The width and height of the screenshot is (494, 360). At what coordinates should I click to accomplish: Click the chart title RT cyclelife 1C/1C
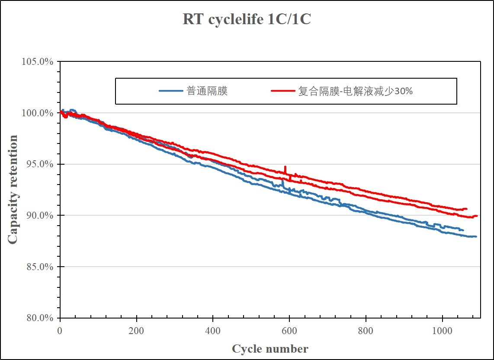click(247, 19)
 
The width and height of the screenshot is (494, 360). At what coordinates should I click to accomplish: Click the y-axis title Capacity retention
click(13, 189)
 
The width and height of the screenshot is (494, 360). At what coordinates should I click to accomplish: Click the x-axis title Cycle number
click(270, 349)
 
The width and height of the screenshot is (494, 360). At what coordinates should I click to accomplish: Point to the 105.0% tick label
click(38, 62)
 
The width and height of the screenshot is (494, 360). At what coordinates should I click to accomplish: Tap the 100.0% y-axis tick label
click(38, 113)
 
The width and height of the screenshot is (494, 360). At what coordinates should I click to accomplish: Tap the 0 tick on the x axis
click(60, 331)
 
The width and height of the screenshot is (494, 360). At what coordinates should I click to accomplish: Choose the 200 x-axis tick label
click(137, 331)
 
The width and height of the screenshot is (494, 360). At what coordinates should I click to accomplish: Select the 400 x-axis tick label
click(213, 331)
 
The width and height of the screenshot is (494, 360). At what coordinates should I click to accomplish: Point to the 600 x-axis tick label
click(289, 331)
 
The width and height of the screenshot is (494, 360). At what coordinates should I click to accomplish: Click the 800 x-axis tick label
click(366, 331)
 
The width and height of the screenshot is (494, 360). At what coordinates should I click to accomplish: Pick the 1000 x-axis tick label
click(443, 331)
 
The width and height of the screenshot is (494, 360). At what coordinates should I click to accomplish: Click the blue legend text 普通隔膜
click(207, 91)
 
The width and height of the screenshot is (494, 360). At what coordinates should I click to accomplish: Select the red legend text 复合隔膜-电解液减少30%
click(355, 91)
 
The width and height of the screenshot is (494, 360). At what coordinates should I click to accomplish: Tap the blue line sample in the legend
click(171, 91)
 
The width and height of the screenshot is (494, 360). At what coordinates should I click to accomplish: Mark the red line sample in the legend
click(283, 91)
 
